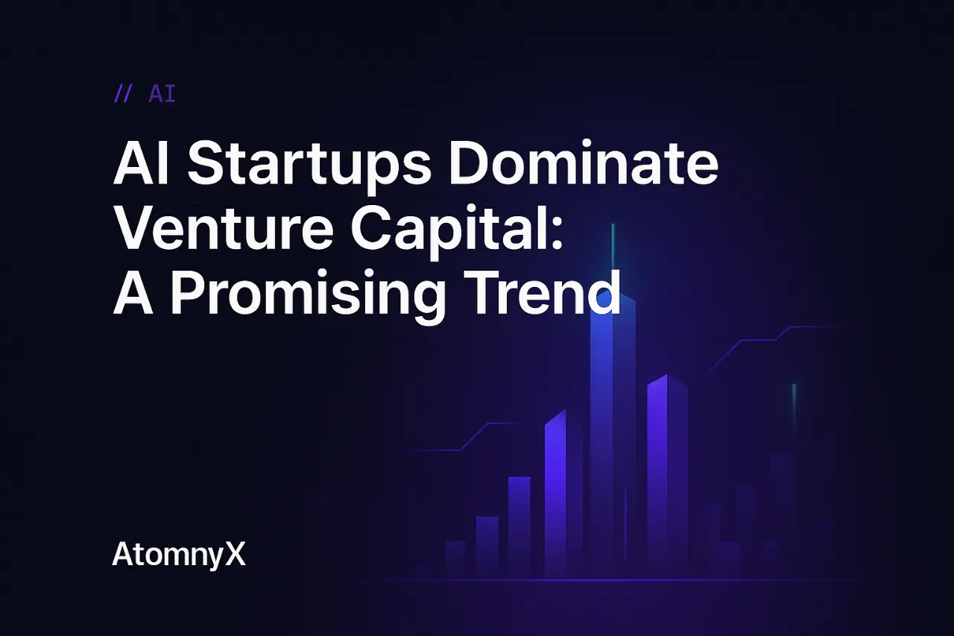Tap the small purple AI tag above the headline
[162, 95]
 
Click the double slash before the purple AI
[124, 95]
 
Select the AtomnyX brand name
[179, 555]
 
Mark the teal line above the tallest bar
[613, 246]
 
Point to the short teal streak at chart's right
[795, 406]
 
